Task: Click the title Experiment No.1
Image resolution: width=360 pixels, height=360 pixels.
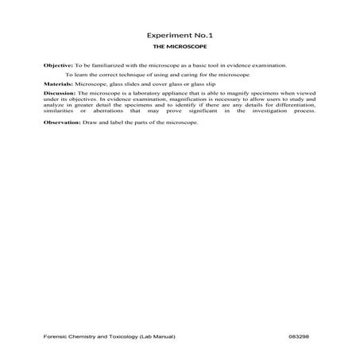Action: pos(180,37)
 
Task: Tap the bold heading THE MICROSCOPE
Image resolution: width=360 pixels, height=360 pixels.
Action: pos(180,48)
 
